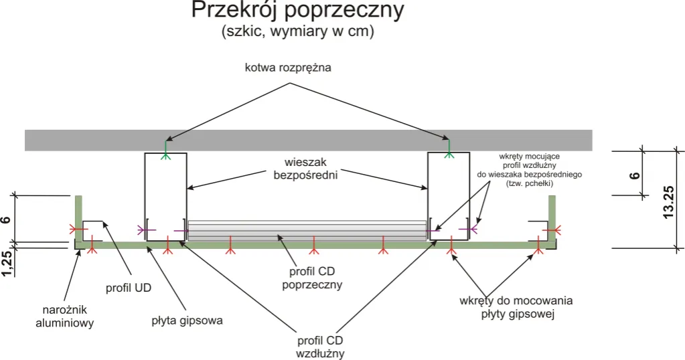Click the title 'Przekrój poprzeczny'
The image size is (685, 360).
click(x=297, y=11)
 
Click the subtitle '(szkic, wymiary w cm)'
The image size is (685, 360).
click(x=297, y=31)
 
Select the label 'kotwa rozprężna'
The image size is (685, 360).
click(x=289, y=68)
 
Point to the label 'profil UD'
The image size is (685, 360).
click(x=129, y=288)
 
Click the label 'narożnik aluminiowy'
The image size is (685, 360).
click(x=65, y=317)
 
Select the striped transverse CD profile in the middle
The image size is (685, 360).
click(x=307, y=230)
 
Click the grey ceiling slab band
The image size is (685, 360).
click(x=308, y=140)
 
